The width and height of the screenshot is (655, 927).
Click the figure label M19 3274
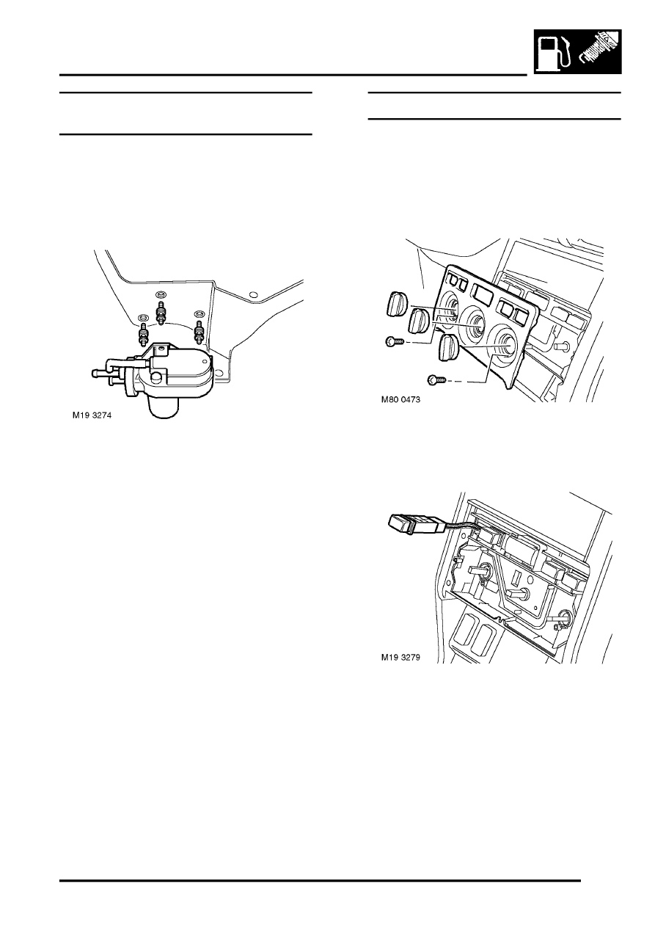[x=92, y=415]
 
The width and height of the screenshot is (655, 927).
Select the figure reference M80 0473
[x=400, y=400]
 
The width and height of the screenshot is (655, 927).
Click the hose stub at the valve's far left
[x=99, y=373]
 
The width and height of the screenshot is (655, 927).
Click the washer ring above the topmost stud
[x=161, y=294]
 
